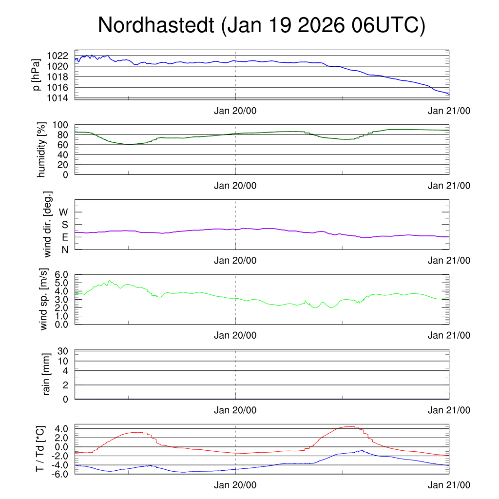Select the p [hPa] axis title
point(36,74)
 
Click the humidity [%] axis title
point(42,150)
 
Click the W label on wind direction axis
point(63,212)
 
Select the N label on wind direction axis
point(65,249)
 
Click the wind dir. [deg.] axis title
point(47,224)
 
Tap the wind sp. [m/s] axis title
point(44,299)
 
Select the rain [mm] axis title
point(47,374)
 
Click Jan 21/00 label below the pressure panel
point(449,111)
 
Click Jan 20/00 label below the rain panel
point(235,410)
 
